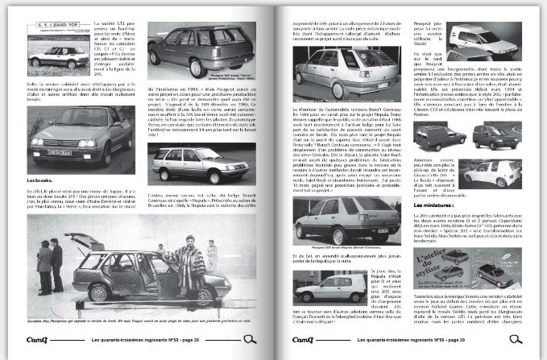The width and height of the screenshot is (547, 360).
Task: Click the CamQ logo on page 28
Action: pos(39,341)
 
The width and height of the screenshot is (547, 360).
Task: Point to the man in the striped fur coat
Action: pos(186,263)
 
